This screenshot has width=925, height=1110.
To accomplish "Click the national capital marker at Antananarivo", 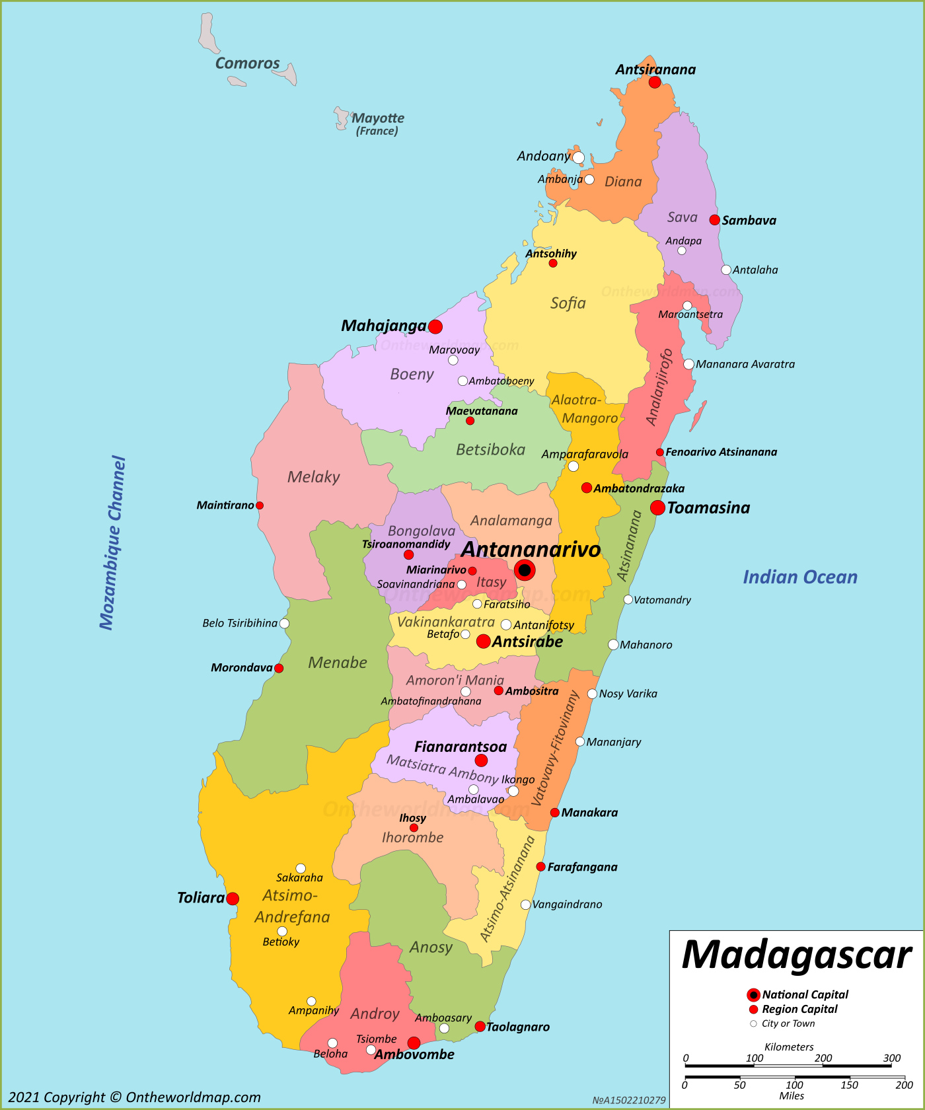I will pyautogui.click(x=524, y=570).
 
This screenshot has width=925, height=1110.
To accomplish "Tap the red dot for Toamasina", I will pyautogui.click(x=657, y=507).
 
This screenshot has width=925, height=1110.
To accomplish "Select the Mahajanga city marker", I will pyautogui.click(x=435, y=326).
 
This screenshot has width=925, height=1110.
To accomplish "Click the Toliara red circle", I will pyautogui.click(x=233, y=899).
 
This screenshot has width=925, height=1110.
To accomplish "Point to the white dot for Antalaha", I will pyautogui.click(x=726, y=270).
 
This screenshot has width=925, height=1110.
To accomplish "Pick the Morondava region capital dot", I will pyautogui.click(x=279, y=668).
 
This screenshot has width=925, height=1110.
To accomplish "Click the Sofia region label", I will pyautogui.click(x=568, y=303).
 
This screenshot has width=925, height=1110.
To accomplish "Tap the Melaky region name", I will pyautogui.click(x=313, y=477).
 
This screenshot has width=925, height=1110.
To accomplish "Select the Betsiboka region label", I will pyautogui.click(x=490, y=450).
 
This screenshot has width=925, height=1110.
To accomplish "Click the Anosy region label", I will pyautogui.click(x=431, y=947).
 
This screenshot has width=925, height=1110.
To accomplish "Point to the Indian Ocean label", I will pyautogui.click(x=799, y=577).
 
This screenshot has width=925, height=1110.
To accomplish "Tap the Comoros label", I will pyautogui.click(x=247, y=63).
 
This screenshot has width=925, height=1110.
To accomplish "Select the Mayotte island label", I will pyautogui.click(x=378, y=118).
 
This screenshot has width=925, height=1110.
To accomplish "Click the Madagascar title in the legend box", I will pyautogui.click(x=796, y=955).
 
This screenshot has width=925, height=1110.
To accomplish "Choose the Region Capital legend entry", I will pyautogui.click(x=799, y=1009).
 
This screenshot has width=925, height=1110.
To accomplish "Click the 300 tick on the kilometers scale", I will pyautogui.click(x=891, y=1058).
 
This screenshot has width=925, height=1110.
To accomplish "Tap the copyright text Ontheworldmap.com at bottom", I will pyautogui.click(x=134, y=1097).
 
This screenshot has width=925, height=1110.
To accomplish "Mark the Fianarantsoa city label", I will pyautogui.click(x=461, y=747).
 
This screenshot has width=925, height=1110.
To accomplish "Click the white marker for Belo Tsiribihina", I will pyautogui.click(x=284, y=623).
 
